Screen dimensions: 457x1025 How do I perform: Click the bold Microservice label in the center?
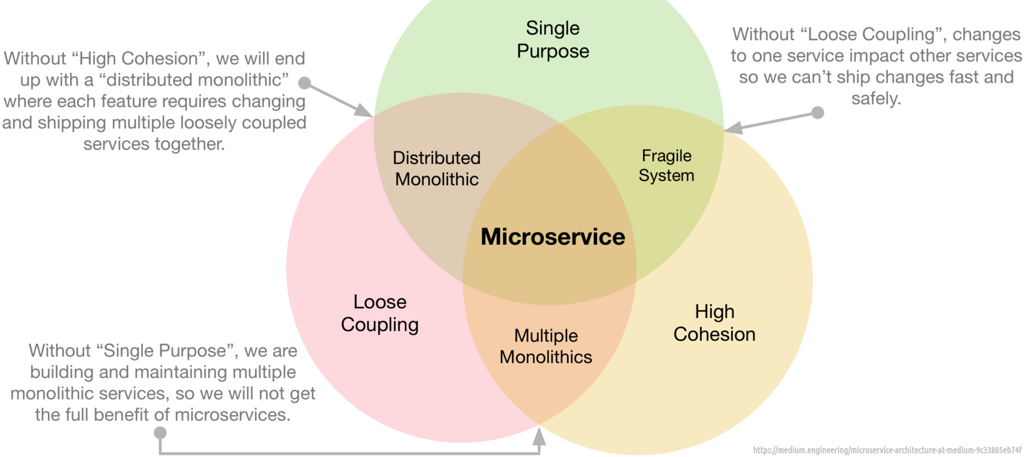[553, 237]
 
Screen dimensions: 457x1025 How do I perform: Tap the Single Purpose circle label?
[553, 40]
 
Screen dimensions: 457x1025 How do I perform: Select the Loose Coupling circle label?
[380, 314]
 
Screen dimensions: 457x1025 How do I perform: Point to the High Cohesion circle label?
[714, 323]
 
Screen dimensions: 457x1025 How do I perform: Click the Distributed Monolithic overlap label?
[437, 168]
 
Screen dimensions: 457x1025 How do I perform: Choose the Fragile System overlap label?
[666, 165]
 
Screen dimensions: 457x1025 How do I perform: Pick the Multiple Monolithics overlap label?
[546, 346]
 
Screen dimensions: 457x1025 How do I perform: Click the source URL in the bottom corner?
[887, 450]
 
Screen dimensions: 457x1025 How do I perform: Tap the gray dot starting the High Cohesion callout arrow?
[305, 83]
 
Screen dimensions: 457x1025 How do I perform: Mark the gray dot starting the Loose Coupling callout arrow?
[818, 112]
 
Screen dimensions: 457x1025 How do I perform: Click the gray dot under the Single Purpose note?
[160, 433]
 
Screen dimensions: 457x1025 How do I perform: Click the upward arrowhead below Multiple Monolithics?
[539, 436]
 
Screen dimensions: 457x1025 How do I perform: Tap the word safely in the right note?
[876, 98]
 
